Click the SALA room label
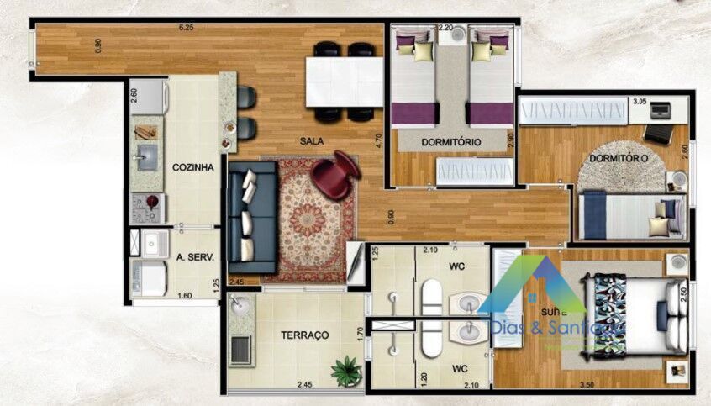tap(313, 142)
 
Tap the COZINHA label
tap(193, 167)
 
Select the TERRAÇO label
tap(303, 335)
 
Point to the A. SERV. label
tap(196, 257)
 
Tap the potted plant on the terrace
tap(345, 370)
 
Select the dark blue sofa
tap(251, 214)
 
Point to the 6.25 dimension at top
tap(186, 28)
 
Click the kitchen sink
tap(146, 157)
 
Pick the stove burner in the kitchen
tap(152, 202)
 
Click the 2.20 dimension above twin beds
tap(445, 28)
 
